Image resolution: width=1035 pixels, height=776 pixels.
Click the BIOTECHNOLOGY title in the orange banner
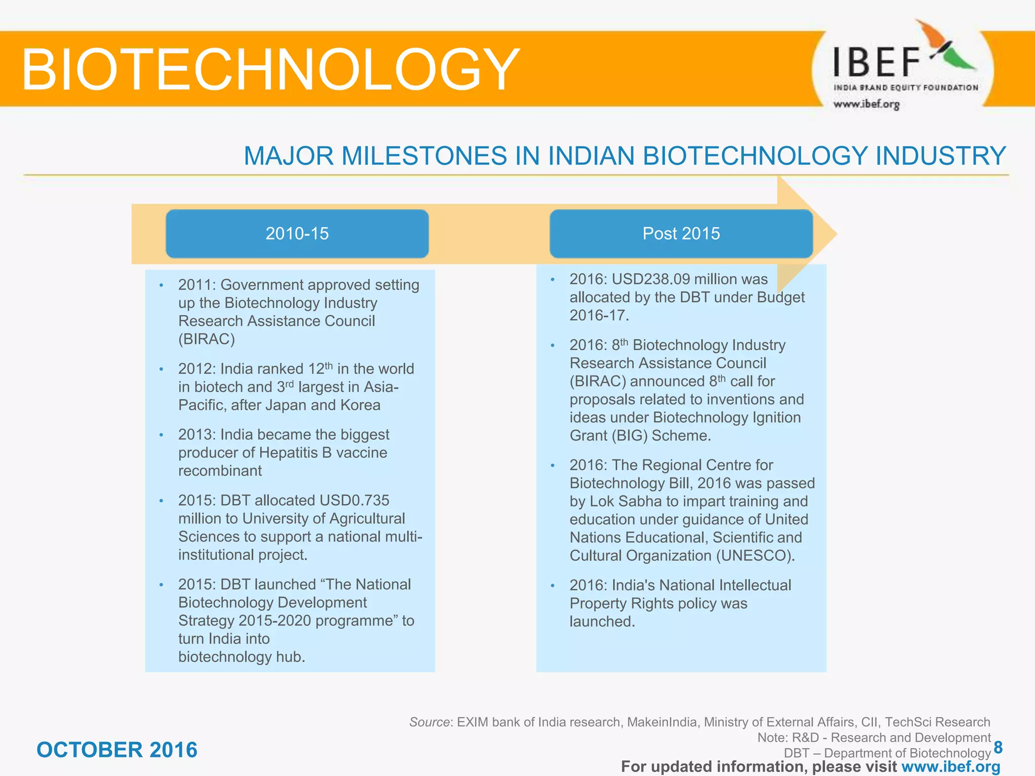[x=270, y=69]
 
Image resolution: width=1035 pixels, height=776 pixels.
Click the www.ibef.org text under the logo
[x=866, y=104]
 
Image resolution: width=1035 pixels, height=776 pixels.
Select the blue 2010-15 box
[x=297, y=233]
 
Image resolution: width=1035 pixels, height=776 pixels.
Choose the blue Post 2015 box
[x=681, y=233]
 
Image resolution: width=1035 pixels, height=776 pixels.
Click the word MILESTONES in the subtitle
[x=424, y=156]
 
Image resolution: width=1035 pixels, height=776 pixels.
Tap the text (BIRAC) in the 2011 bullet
[x=207, y=339]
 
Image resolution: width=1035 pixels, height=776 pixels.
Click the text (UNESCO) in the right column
[x=753, y=556]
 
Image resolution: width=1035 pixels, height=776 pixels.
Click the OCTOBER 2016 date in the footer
[x=117, y=750]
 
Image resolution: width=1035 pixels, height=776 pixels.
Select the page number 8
[x=998, y=747]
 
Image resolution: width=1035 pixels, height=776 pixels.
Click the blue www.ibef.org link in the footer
[x=951, y=767]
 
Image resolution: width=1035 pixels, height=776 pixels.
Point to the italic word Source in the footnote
[x=429, y=722]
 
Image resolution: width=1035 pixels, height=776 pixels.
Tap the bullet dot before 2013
[x=161, y=435]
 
